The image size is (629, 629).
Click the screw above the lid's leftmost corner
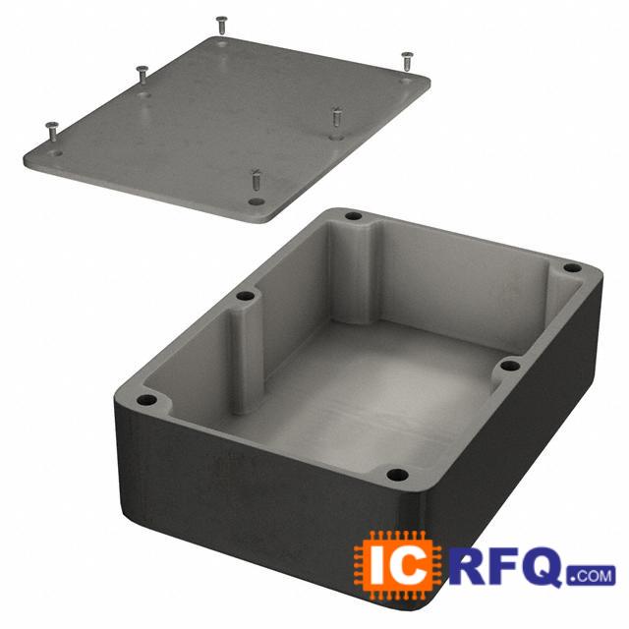[x=52, y=131]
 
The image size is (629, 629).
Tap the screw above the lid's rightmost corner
[x=407, y=61]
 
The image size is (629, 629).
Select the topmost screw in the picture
[x=221, y=26]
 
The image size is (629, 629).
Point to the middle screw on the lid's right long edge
[x=336, y=117]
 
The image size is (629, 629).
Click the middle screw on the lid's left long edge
[x=142, y=76]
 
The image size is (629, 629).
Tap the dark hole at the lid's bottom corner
[x=257, y=200]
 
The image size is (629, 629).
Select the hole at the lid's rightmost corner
[x=406, y=81]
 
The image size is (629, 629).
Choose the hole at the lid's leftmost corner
[x=55, y=153]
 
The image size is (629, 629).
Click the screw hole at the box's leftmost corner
[x=146, y=400]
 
